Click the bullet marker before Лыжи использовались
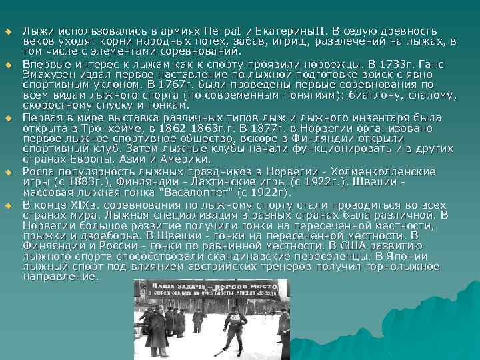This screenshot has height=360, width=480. click(9, 31)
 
